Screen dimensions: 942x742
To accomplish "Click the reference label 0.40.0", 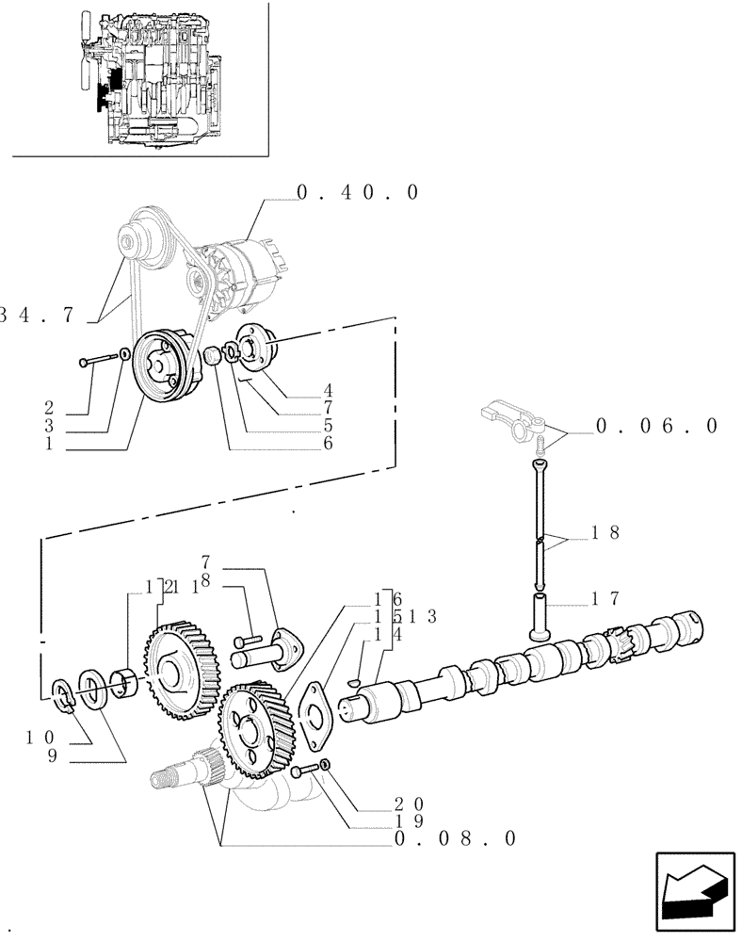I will (357, 192).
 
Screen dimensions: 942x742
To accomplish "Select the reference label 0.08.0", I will (455, 837).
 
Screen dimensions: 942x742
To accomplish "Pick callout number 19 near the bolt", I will (410, 820).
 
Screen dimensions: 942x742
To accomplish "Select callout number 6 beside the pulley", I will (328, 442).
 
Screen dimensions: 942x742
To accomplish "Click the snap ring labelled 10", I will (63, 693).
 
